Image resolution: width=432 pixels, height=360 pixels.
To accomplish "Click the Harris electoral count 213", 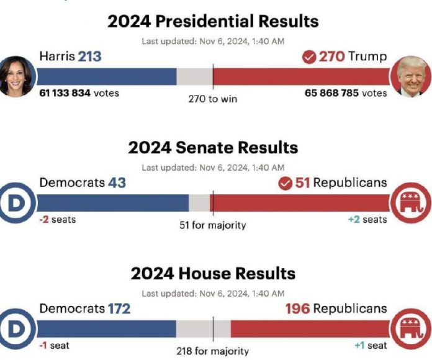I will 89,57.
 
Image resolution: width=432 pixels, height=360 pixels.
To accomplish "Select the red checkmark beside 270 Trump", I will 309,58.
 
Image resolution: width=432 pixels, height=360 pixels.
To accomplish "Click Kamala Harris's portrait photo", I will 17,76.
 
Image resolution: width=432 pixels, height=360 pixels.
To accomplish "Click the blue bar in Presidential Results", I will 107,76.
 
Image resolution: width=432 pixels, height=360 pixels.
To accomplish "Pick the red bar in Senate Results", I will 301,203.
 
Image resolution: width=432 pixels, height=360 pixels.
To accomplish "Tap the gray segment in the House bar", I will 204,328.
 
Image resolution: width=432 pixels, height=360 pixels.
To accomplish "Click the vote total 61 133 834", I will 65,93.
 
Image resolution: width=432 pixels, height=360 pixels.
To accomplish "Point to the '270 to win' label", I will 212,99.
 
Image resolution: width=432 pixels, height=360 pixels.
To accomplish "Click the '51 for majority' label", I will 212,225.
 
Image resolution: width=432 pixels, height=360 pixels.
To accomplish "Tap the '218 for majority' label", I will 212,351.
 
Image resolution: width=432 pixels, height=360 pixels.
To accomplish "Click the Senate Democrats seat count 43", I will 117,183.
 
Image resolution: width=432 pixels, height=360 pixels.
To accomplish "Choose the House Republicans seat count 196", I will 297,308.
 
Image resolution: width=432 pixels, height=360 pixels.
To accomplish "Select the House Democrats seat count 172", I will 119,308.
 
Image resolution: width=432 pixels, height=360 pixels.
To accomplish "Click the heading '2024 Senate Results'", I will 213,148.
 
